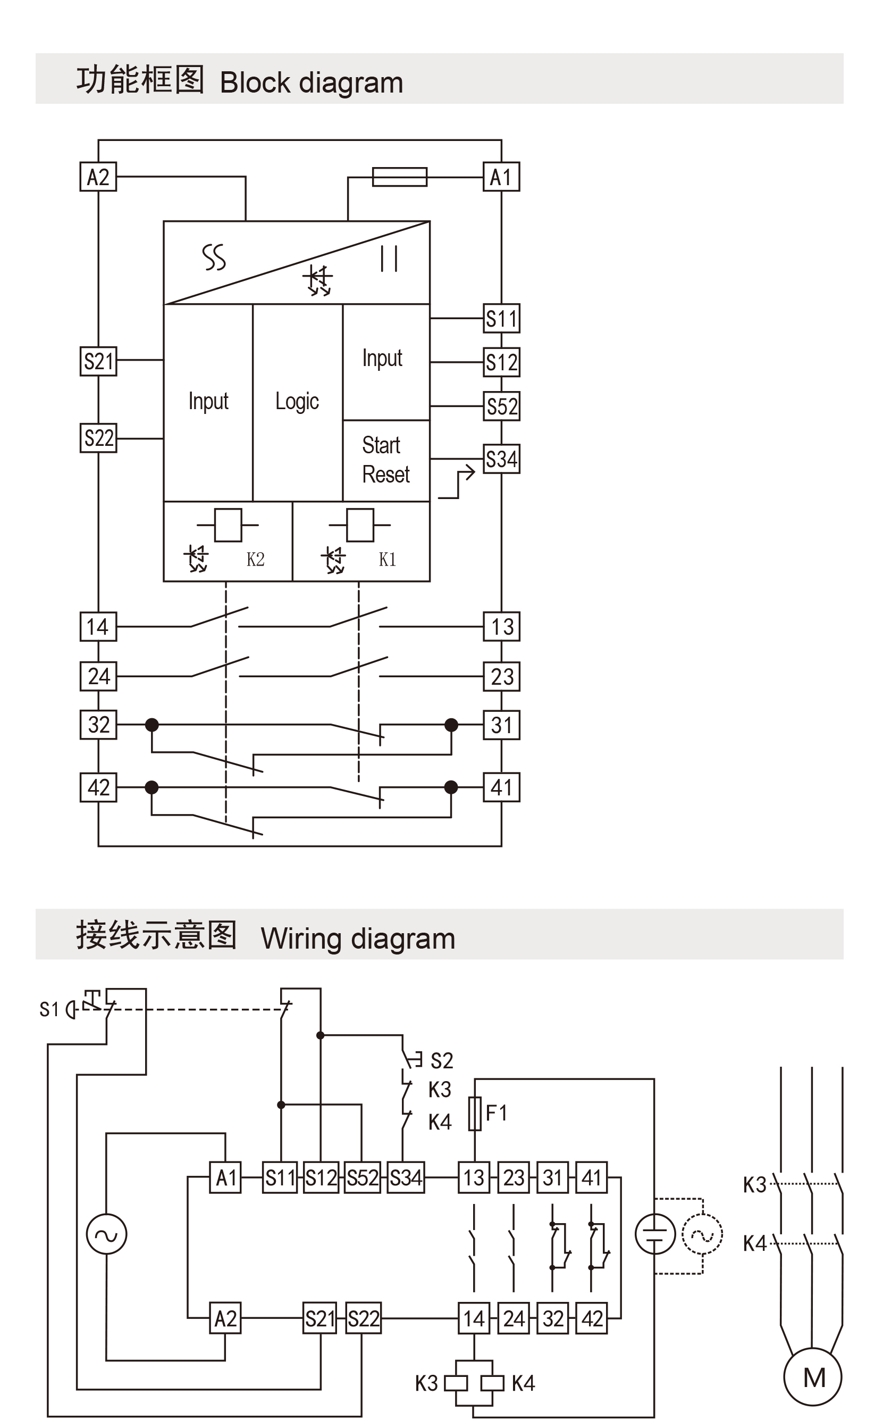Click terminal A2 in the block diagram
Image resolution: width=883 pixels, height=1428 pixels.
point(98,177)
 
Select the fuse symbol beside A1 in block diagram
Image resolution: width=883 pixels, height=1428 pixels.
point(399,177)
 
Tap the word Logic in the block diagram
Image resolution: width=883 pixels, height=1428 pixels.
point(297,401)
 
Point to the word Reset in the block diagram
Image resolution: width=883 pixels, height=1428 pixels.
point(385,475)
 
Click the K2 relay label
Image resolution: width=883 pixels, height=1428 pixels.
point(255,559)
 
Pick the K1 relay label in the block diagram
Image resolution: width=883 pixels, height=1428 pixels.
point(387,559)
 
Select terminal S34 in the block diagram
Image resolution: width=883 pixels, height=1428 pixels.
point(501,459)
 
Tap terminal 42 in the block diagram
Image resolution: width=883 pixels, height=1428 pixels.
point(98,787)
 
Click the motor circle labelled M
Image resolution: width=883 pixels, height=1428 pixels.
point(813,1377)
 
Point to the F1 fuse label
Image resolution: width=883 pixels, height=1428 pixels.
point(497,1112)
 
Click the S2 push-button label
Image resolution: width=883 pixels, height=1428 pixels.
point(441,1060)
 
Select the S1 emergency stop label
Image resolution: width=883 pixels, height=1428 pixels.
point(49,1009)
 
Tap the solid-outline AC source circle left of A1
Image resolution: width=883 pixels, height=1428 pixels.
point(106,1234)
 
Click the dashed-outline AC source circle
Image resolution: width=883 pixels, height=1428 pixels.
point(703,1234)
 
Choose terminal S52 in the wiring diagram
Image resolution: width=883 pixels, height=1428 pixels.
point(362,1177)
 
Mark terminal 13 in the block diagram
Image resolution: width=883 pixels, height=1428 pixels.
point(501,626)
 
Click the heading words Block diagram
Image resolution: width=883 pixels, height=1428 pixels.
point(312,82)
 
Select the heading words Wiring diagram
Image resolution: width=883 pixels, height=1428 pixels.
point(357,939)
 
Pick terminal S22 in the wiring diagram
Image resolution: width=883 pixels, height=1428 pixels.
point(363,1319)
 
